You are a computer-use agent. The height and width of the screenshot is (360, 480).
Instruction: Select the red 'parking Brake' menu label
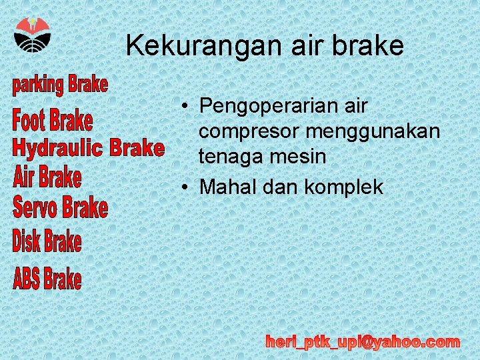(60, 85)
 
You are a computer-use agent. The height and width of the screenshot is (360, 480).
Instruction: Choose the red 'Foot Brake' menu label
(53, 121)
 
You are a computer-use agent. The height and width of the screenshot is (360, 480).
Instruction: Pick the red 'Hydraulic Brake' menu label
(88, 147)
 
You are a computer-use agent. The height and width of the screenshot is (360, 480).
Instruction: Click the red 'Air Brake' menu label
(47, 178)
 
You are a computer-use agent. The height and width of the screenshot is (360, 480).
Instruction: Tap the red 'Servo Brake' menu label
(61, 207)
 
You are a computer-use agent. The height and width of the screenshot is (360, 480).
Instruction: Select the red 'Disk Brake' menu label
(47, 241)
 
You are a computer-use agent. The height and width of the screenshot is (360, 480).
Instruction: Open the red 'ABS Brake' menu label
(47, 278)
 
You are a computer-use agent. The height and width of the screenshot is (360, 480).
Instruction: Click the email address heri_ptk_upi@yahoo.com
(363, 343)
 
